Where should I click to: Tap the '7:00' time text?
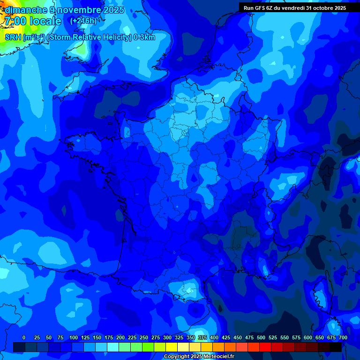(15, 21)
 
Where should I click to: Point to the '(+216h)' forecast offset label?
(83, 21)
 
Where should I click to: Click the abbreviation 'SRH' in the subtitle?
(13, 37)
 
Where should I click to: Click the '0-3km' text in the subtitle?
(144, 37)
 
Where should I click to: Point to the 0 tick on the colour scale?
(24, 337)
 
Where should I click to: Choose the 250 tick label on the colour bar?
(144, 337)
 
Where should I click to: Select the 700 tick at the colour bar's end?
(343, 337)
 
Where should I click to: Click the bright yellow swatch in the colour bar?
(172, 347)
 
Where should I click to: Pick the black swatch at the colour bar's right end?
(336, 347)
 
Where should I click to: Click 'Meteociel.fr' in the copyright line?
(218, 357)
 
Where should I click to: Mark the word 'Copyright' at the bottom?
(176, 357)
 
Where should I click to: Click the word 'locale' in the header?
(45, 21)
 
